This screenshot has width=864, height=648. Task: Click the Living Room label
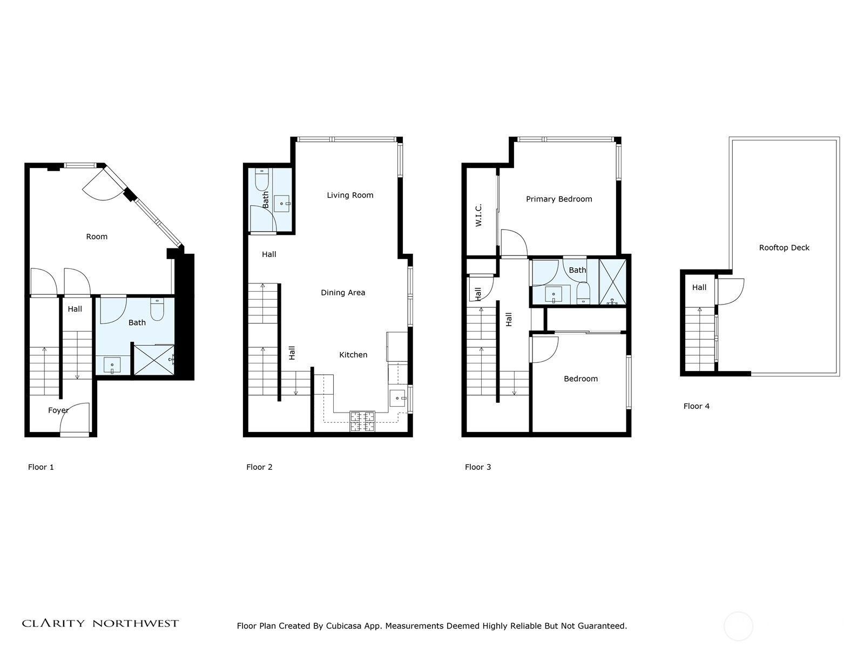tap(350, 195)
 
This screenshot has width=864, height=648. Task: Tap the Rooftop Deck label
tap(784, 248)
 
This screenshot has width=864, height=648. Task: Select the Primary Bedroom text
tap(559, 199)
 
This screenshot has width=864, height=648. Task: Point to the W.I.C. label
tap(478, 215)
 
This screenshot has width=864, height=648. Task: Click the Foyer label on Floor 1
tap(58, 410)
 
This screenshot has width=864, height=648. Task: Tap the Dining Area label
tap(343, 293)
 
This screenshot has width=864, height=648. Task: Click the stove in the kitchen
tap(362, 421)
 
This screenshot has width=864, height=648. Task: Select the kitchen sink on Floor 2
tap(398, 398)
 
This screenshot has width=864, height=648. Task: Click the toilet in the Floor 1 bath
tap(157, 309)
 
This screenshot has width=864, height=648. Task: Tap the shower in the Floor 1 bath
tap(154, 360)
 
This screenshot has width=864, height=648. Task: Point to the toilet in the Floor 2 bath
tap(262, 180)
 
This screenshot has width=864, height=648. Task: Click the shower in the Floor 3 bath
tap(612, 282)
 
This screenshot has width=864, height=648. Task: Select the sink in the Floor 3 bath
tap(553, 294)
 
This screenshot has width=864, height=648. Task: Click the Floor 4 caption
tap(696, 407)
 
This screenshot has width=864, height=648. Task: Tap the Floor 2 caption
tap(259, 468)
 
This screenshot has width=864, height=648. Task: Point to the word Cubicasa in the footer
tap(343, 626)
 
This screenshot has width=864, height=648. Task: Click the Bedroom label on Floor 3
tap(580, 379)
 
